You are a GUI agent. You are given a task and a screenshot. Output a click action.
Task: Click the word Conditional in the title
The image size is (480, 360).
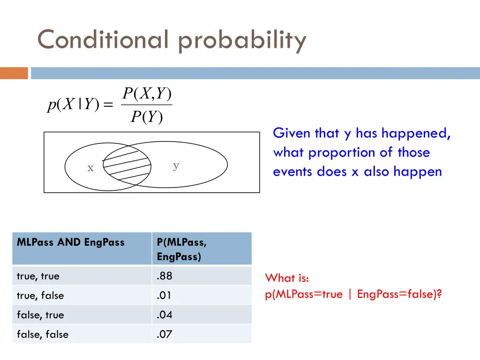pyautogui.click(x=102, y=39)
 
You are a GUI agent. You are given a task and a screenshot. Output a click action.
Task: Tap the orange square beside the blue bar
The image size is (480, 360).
pyautogui.click(x=14, y=73)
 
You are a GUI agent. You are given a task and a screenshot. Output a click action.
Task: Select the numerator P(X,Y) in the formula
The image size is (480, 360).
pyautogui.click(x=147, y=94)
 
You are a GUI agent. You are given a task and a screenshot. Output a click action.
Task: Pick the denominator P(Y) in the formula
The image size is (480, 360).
pyautogui.click(x=147, y=117)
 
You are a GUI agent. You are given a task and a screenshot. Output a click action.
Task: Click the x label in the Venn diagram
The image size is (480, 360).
pyautogui.click(x=90, y=168)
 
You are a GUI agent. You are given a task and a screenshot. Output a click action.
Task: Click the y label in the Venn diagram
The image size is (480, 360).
pyautogui.click(x=176, y=165)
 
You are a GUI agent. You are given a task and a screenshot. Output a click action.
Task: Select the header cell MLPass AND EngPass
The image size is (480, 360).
pyautogui.click(x=71, y=242)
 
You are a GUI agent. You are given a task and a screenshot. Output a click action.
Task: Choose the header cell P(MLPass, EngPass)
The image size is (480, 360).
pyautogui.click(x=182, y=249)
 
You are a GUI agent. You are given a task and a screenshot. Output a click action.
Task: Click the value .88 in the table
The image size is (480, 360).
pyautogui.click(x=165, y=276)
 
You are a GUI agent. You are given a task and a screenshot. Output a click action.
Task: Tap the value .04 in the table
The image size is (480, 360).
pyautogui.click(x=165, y=315)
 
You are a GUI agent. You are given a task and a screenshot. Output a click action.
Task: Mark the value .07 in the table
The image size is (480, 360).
pyautogui.click(x=165, y=334)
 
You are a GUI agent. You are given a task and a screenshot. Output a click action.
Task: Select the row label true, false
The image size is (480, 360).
pyautogui.click(x=40, y=296)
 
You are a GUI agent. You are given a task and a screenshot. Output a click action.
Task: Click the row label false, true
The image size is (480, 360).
pyautogui.click(x=40, y=315)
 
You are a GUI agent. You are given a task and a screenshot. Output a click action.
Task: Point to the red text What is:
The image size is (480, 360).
pyautogui.click(x=287, y=278)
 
